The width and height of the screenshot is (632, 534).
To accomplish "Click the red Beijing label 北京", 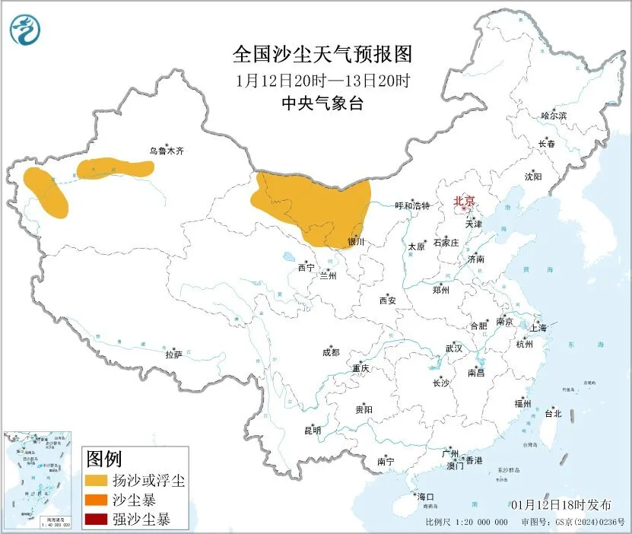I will pos(463,202).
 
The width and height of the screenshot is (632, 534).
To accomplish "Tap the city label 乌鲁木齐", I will pos(166,151).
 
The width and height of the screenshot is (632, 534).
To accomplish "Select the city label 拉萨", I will pos(174,354).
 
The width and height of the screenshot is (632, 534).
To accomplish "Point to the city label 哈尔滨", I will pos(553,116).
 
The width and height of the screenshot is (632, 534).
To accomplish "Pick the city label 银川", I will pos(357,242).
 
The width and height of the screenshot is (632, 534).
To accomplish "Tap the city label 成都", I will pos(331,352).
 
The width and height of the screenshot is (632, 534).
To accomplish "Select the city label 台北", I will pos(552,414).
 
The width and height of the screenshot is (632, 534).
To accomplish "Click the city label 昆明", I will pos(313,431).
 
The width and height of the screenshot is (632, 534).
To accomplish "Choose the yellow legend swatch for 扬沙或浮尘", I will pos(96,481).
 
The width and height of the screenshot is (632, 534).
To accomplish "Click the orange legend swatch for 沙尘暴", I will pos(96,501).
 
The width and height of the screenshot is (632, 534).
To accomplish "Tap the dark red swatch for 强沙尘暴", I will pos(96,520).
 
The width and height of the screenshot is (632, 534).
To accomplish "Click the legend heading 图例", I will pos(104,459).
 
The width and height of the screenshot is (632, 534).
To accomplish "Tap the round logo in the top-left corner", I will pos(25,30).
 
